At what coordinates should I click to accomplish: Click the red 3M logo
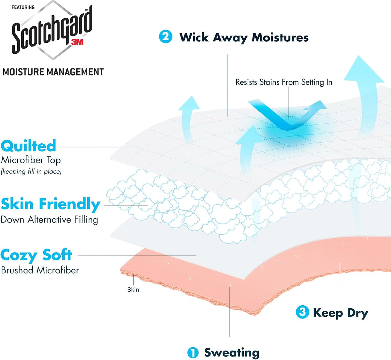(x=77, y=42)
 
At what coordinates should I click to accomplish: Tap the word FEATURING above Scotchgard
(x=23, y=7)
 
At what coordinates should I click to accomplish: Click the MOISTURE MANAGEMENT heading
(x=53, y=72)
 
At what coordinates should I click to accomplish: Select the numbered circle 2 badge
(x=166, y=36)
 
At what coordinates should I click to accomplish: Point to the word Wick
(x=194, y=37)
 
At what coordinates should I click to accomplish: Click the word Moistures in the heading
(x=280, y=37)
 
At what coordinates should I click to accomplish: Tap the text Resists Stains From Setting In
(x=284, y=82)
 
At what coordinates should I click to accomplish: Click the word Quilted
(x=28, y=146)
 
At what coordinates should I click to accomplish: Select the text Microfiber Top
(x=31, y=160)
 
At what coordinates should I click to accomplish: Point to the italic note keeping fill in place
(x=31, y=171)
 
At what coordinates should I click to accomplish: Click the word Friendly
(x=70, y=204)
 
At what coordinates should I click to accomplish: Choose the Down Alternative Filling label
(x=49, y=220)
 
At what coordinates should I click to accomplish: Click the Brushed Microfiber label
(x=40, y=270)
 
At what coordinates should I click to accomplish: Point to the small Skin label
(x=133, y=290)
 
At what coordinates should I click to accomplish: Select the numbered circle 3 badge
(x=302, y=312)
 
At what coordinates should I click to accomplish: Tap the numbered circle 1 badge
(x=193, y=353)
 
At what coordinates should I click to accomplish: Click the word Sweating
(x=232, y=353)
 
